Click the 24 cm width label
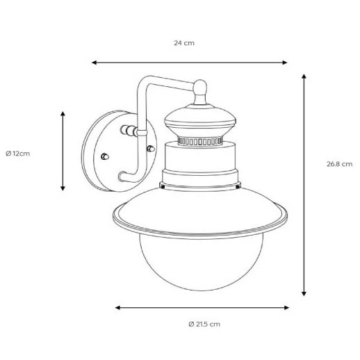coord(183,43)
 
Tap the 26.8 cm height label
coord(338,164)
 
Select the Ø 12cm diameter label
coord(17,153)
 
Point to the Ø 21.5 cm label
coord(204,324)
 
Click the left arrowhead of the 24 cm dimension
coord(95,63)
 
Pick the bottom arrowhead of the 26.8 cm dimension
coord(304,293)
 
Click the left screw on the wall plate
coord(104,156)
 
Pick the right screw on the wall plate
coord(150,148)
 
